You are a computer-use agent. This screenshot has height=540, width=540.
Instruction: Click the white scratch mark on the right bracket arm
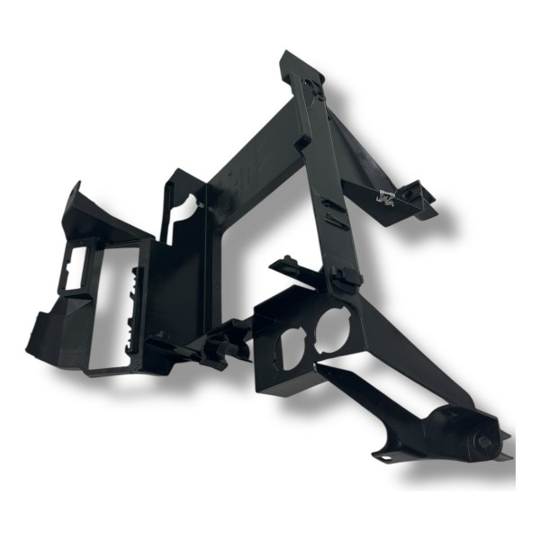(x=386, y=196)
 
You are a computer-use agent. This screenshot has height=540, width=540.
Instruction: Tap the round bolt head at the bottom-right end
(x=484, y=442)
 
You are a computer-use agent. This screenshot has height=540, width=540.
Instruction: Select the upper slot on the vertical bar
(x=330, y=210)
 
